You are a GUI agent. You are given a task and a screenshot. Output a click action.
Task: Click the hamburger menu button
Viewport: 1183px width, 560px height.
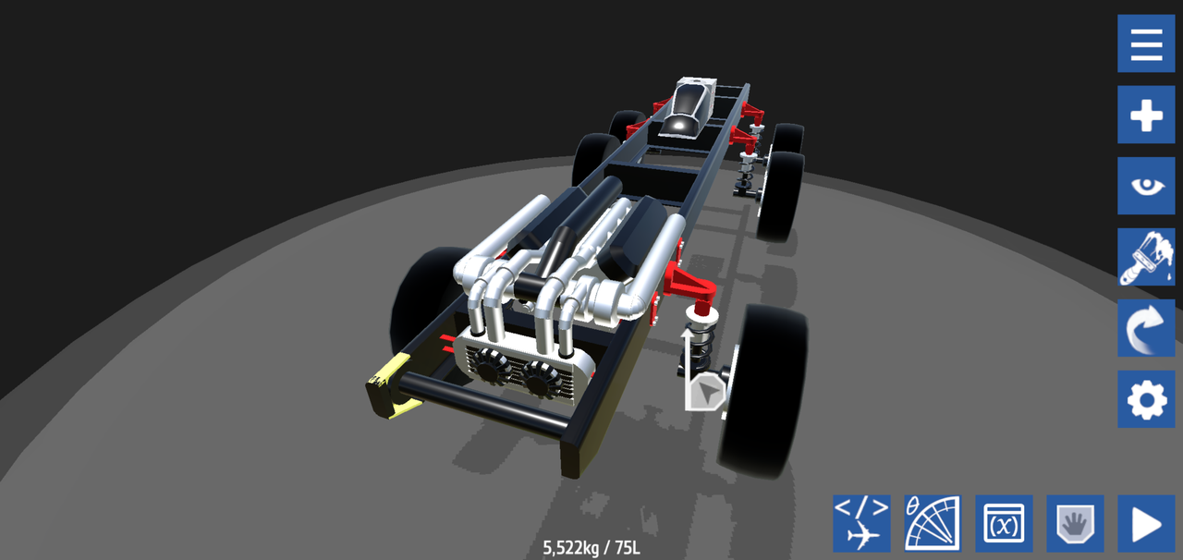pos(1146,43)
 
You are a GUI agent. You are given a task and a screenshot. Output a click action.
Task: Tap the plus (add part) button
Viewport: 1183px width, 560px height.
pos(1146,115)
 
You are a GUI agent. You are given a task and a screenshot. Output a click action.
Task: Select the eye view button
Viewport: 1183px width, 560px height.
pos(1146,186)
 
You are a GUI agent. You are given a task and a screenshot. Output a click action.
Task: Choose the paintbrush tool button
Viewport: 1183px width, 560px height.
pos(1146,257)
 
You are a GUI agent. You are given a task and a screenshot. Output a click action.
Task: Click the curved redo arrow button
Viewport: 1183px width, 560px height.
pos(1146,328)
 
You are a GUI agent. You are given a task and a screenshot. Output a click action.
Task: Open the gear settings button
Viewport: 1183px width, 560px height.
pos(1146,399)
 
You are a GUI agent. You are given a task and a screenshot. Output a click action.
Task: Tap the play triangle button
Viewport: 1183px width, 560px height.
pos(1146,524)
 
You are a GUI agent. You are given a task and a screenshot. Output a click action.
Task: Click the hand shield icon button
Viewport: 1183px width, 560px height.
pos(1075,524)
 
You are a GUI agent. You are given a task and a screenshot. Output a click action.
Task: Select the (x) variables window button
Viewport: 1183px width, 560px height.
pos(1004,524)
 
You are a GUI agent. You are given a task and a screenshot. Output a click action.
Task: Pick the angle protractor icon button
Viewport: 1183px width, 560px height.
pos(933,524)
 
